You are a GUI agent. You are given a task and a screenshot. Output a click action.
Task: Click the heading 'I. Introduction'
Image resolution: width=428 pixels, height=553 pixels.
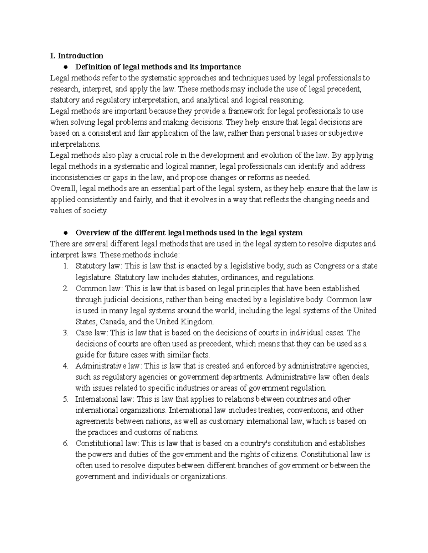(77, 56)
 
